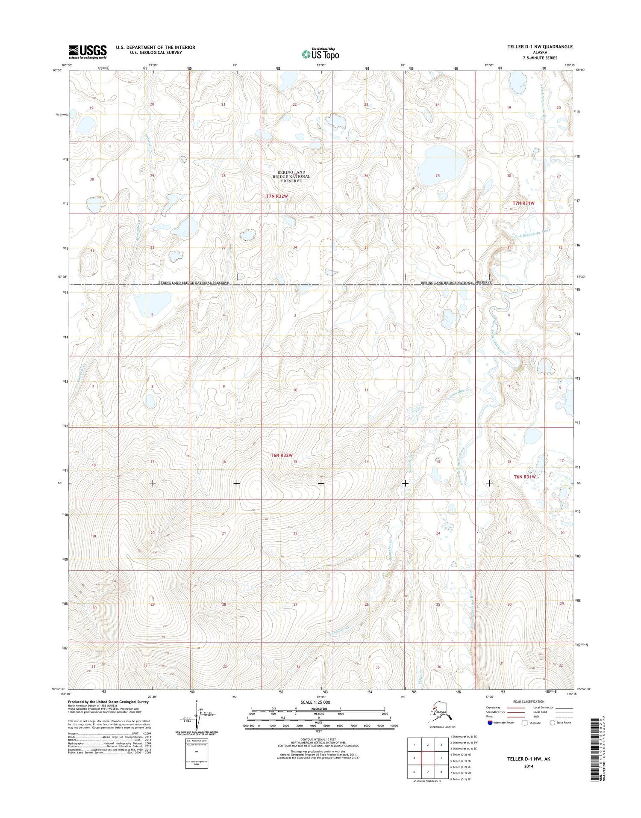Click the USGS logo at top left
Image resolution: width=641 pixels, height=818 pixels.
point(87,52)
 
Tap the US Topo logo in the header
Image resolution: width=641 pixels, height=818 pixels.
point(320,54)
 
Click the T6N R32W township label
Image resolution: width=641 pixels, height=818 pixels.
point(281,456)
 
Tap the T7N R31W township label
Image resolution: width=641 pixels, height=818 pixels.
point(523,203)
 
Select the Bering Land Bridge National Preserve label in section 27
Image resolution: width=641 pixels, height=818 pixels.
point(291,176)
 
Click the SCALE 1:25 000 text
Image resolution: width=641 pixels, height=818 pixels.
point(315,702)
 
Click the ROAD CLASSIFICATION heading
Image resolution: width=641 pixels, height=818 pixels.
point(529,701)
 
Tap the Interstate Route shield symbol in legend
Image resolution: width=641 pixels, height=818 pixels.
point(490,723)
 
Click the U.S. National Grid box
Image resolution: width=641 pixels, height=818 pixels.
point(196,753)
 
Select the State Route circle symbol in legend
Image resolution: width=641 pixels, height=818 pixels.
point(552,723)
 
